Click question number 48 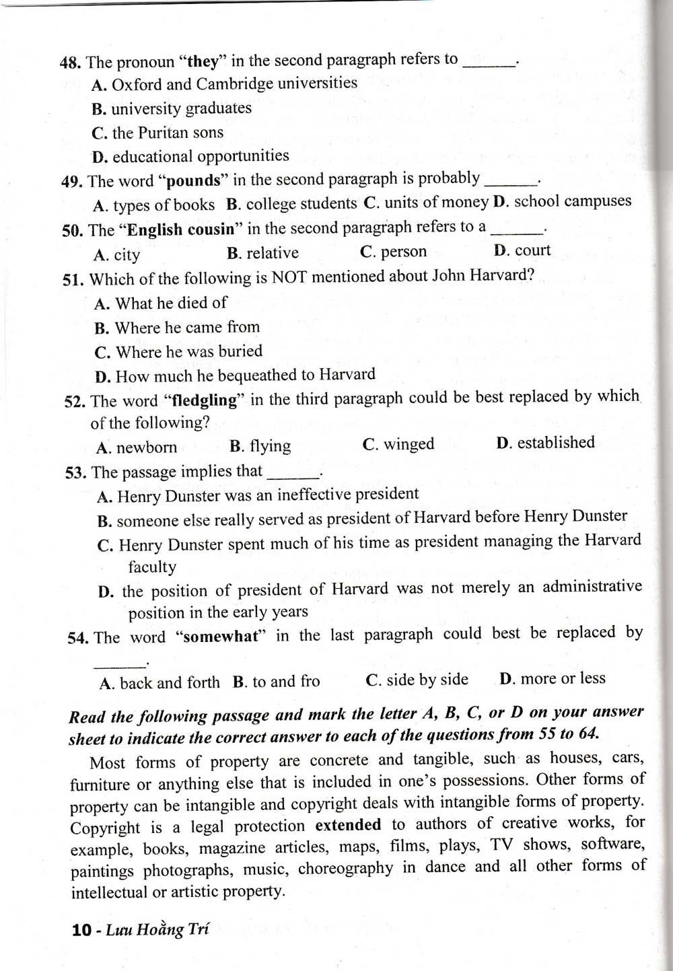click(71, 63)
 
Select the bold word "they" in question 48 click(203, 62)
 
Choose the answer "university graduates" click(181, 108)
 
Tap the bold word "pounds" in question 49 click(193, 181)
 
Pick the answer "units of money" click(435, 202)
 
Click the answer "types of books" click(164, 205)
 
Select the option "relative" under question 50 click(272, 253)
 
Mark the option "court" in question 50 click(532, 250)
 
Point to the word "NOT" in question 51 click(289, 277)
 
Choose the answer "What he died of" click(171, 303)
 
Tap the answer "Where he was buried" click(188, 351)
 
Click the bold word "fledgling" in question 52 click(205, 400)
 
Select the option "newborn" click(146, 447)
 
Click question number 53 click(75, 472)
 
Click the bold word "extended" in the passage click(348, 825)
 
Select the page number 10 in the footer click(81, 930)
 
